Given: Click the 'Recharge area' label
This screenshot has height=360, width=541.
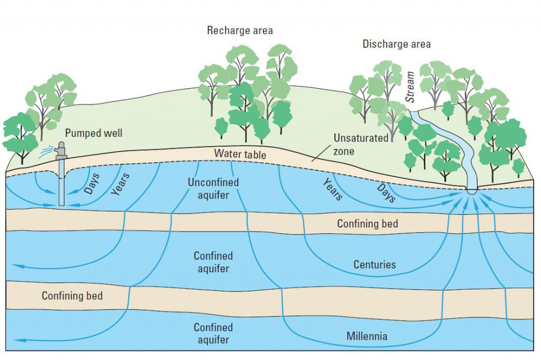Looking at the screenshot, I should click(240, 31).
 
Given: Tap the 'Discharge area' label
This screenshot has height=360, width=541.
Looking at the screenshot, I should click(396, 44).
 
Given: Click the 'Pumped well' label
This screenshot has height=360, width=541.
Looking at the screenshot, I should click(94, 133).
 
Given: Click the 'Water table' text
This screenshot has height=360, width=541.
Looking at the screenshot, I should click(240, 154).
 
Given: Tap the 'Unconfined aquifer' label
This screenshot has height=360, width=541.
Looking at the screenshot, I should click(213, 189).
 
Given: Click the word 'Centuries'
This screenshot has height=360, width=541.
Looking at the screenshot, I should click(375, 264).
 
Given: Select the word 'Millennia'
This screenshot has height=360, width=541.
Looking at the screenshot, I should click(367, 336).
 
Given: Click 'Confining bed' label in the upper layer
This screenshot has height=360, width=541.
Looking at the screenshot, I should click(367, 224).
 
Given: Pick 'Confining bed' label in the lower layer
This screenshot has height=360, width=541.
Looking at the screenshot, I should click(72, 296).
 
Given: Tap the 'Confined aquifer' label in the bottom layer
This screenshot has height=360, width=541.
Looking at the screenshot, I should click(213, 334).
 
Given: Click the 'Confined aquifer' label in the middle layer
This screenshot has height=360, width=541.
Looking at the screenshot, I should click(213, 262).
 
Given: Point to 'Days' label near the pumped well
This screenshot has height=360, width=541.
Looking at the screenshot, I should click(91, 183).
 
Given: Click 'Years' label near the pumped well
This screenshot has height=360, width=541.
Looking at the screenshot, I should click(120, 184).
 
